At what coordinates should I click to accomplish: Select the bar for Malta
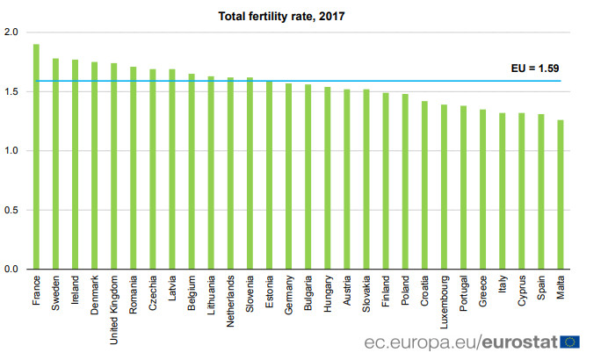pyautogui.click(x=561, y=194)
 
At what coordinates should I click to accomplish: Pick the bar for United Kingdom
pyautogui.click(x=114, y=166)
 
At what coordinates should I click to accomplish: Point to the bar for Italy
pyautogui.click(x=503, y=191)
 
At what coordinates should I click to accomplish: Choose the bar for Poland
pyautogui.click(x=405, y=181)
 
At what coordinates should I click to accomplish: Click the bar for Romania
pyautogui.click(x=134, y=168)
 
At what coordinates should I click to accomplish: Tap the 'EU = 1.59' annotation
pyautogui.click(x=536, y=68)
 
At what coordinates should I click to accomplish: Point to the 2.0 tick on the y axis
pyautogui.click(x=11, y=32)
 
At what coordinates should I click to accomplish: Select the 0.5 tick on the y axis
pyautogui.click(x=11, y=210)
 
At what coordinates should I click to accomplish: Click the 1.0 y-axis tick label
pyautogui.click(x=11, y=151)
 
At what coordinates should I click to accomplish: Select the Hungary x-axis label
pyautogui.click(x=328, y=294)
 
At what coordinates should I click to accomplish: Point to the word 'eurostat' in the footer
pyautogui.click(x=518, y=342)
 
